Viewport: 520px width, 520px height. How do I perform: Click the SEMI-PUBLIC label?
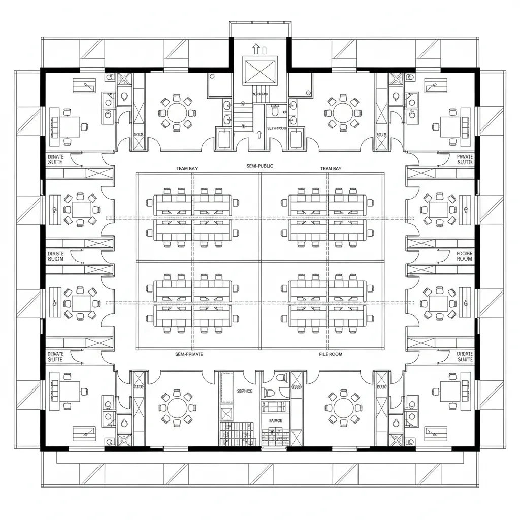pyautogui.click(x=259, y=166)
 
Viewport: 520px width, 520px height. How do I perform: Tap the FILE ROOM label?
pyautogui.click(x=331, y=354)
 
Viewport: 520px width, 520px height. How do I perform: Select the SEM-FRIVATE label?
pyautogui.click(x=189, y=354)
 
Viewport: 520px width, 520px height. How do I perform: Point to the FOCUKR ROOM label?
pyautogui.click(x=464, y=255)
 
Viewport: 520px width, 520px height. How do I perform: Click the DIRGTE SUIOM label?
pyautogui.click(x=55, y=255)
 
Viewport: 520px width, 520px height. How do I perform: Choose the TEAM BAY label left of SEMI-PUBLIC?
pyautogui.click(x=187, y=168)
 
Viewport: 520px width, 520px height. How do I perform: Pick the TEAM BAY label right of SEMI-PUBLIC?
pyautogui.click(x=331, y=168)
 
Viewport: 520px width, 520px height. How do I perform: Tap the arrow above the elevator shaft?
pyautogui.click(x=255, y=49)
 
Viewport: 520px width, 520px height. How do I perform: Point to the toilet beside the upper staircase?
pyautogui.click(x=274, y=110)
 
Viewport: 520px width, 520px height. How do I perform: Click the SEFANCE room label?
pyautogui.click(x=244, y=392)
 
